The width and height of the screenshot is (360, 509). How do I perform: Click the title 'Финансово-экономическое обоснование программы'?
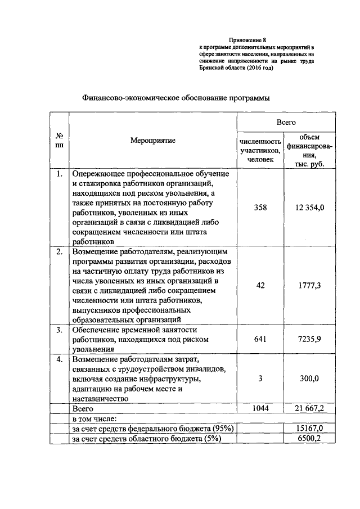177,97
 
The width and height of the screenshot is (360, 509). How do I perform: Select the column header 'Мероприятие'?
152,141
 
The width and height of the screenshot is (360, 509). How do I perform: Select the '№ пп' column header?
59,141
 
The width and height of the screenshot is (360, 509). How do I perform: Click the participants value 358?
260,208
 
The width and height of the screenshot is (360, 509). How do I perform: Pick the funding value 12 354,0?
309,208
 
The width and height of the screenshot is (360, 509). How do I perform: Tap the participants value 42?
260,285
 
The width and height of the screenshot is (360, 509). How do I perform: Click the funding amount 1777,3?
310,285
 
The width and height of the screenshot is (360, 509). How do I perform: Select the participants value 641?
260,339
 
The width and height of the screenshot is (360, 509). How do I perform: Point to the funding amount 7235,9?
310,339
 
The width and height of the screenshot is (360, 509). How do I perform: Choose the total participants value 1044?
260,408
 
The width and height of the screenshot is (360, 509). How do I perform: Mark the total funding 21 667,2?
310,408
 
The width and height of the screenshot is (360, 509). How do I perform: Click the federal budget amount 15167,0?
310,429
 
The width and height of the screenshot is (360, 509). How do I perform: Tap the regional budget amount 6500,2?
310,439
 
